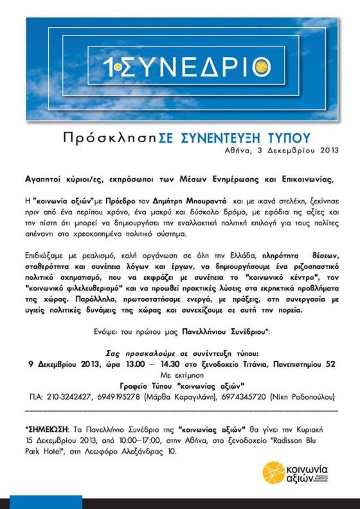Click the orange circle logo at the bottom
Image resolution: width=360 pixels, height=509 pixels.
(273, 473)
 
